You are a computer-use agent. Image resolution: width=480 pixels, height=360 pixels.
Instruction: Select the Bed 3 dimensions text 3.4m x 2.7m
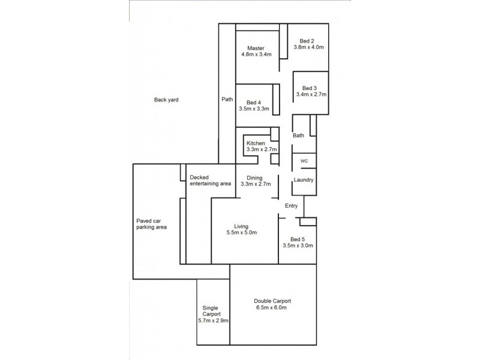311,95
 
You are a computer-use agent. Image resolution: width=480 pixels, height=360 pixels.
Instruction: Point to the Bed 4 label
253,102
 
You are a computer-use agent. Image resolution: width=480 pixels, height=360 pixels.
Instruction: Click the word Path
227,100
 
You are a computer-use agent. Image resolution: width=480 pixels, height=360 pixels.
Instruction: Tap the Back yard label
167,100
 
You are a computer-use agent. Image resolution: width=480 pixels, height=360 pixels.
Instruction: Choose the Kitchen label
256,143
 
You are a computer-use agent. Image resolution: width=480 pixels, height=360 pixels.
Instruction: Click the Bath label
298,136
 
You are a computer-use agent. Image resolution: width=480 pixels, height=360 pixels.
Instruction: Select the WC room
304,161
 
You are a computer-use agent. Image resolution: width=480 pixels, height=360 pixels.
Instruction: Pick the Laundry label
304,180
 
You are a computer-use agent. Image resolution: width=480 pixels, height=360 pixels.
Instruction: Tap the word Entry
292,206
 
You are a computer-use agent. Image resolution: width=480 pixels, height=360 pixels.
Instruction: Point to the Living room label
241,226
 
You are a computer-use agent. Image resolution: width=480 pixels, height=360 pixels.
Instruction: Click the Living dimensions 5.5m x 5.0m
241,233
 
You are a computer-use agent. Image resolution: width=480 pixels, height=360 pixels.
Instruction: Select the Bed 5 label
298,238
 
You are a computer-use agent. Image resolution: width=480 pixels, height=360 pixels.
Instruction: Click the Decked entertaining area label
210,181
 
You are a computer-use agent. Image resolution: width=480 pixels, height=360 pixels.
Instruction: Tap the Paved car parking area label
151,224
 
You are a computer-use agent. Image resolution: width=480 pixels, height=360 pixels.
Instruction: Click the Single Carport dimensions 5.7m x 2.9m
214,321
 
